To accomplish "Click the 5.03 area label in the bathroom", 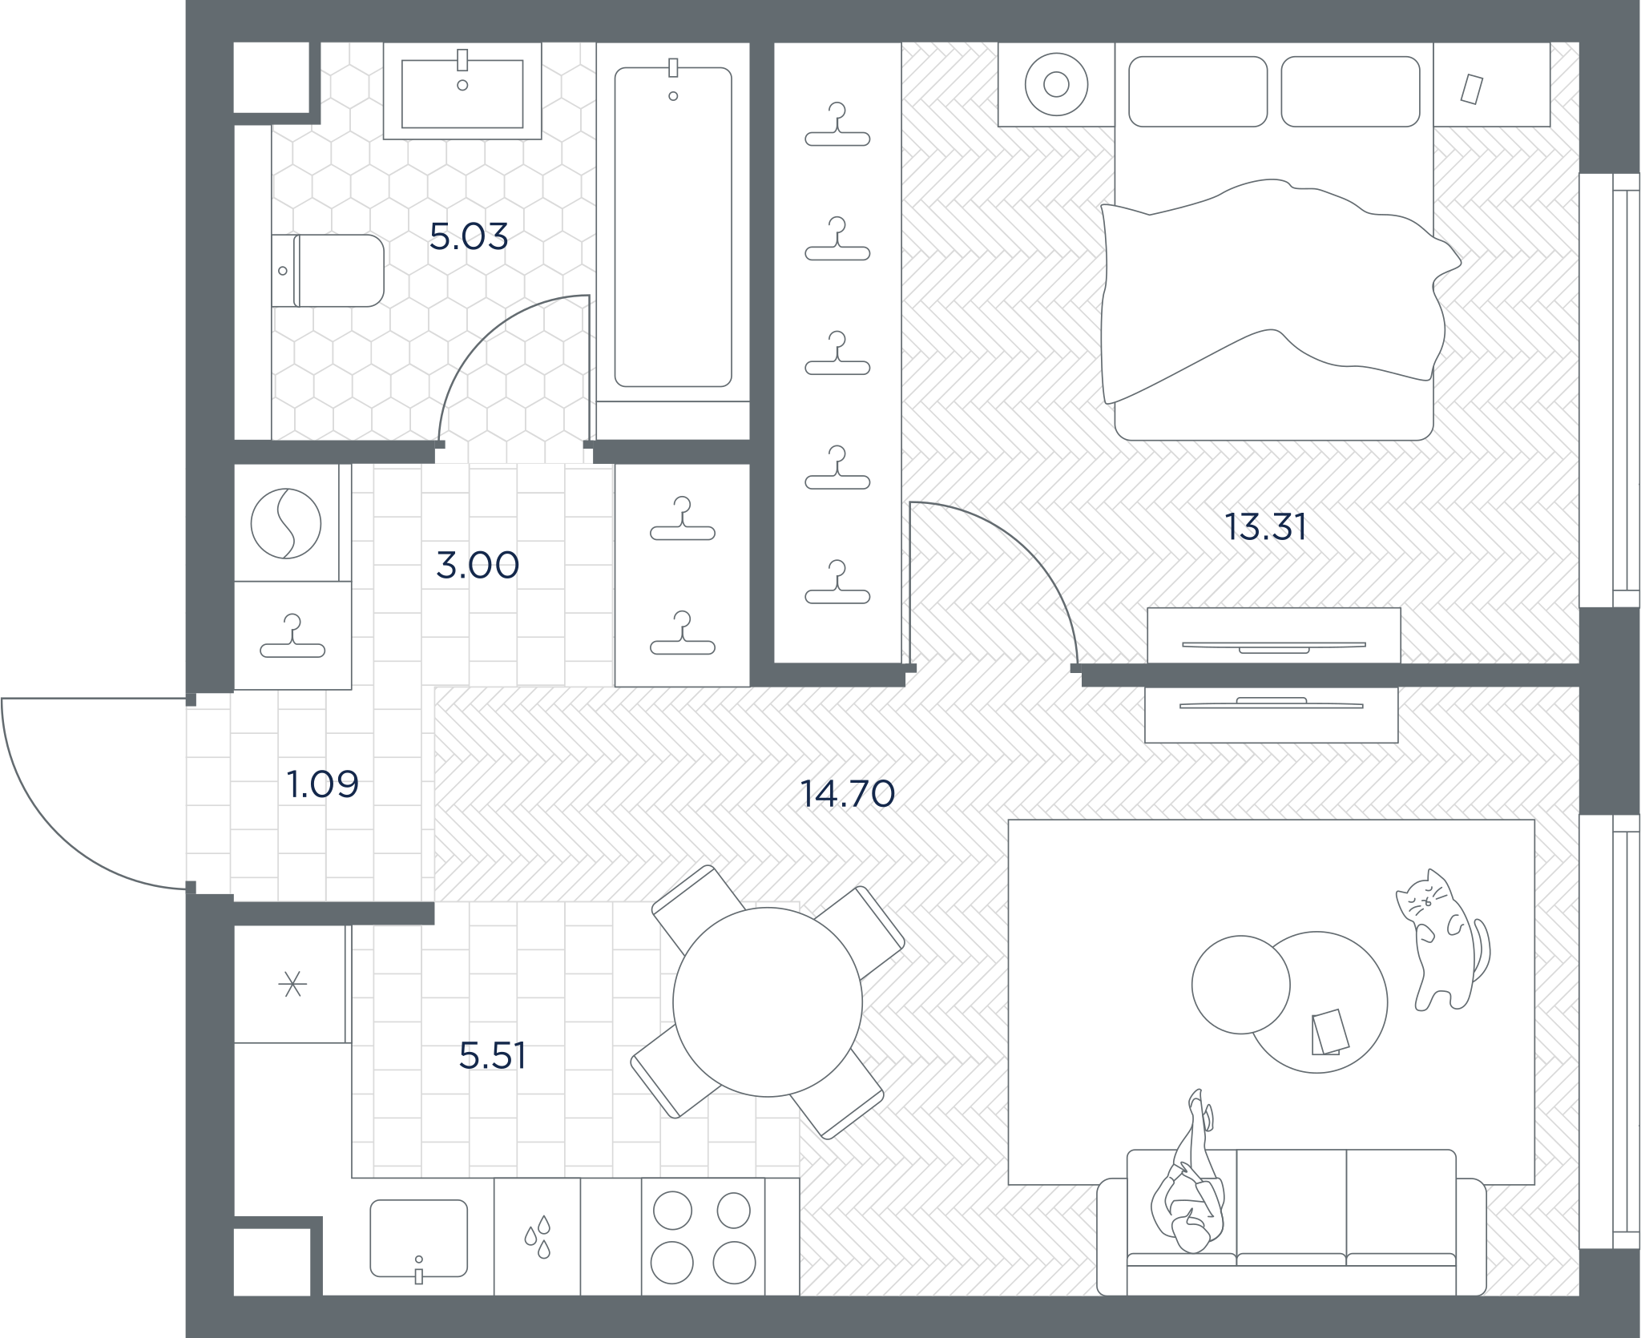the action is coord(469,236).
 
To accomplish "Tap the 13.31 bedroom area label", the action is coord(1266,527).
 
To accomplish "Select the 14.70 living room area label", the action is coord(848,793).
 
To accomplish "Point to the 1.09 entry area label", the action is coord(323,784).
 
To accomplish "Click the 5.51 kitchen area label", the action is coord(493,1056).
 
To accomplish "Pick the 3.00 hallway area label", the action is coord(478,566).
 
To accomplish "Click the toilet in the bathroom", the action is coord(328,271).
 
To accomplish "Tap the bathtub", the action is coord(673,227).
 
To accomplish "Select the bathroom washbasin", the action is coord(462,91).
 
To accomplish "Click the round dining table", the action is coord(768,1001).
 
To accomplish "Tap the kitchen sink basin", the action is coord(418,1238).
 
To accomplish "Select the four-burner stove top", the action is coord(703,1236).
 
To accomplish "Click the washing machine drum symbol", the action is coord(286,523).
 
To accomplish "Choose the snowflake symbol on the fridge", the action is coord(292,984).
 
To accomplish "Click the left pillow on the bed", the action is coord(1198,91).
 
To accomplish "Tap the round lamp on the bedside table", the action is coord(1056,84).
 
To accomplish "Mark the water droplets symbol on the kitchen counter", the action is coord(538,1236).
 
